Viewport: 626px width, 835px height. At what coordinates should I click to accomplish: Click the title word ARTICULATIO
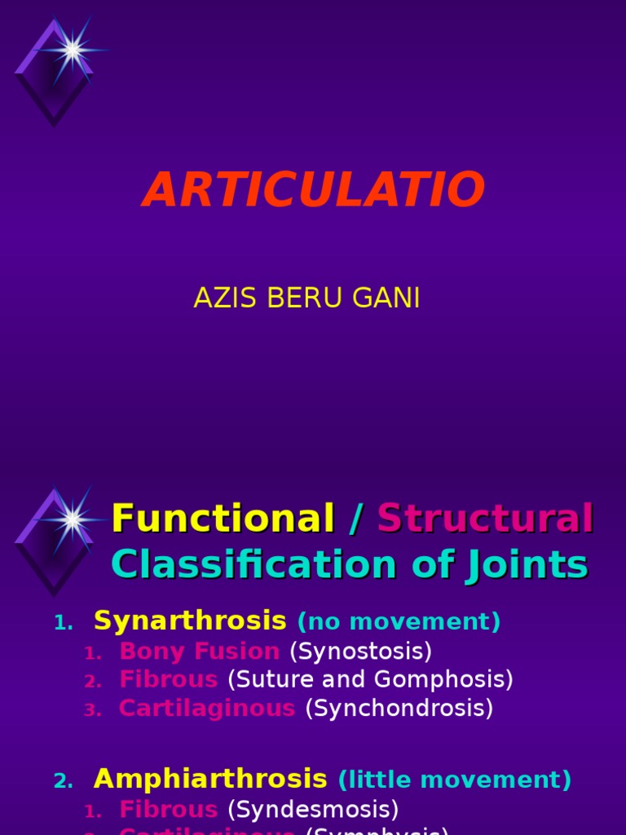[x=314, y=191]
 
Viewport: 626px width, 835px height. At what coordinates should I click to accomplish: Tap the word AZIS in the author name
[x=214, y=298]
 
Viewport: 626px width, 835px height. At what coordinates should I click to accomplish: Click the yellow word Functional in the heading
[x=223, y=519]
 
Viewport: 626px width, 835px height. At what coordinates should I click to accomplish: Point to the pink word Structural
[x=485, y=519]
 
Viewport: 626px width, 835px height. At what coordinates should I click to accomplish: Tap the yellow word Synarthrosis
[x=190, y=621]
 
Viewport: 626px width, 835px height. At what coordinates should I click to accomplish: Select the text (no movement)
[x=399, y=622]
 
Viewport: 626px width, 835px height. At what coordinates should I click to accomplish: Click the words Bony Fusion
[x=199, y=652]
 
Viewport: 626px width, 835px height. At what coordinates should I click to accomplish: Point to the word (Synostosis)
[x=360, y=652]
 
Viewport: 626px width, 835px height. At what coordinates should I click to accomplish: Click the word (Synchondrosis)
[x=399, y=708]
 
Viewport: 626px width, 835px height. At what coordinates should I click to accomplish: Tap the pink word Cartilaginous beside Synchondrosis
[x=207, y=708]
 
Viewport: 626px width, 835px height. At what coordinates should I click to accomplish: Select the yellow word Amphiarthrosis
[x=210, y=779]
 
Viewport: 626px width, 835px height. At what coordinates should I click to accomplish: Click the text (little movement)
[x=455, y=780]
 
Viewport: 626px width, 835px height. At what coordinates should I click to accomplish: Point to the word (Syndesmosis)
[x=313, y=809]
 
